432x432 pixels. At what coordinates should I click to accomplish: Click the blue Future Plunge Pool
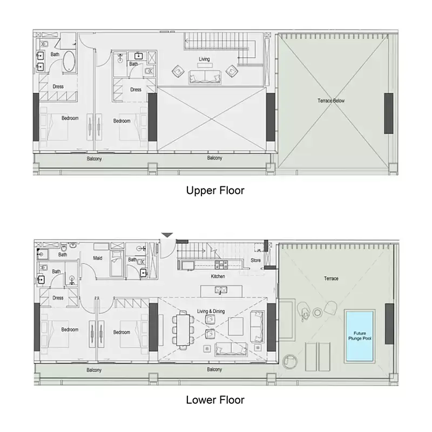click(360, 336)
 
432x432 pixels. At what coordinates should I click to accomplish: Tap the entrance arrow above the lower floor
click(167, 235)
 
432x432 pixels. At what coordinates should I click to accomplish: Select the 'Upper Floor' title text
click(215, 191)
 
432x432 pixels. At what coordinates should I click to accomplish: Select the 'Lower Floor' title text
click(215, 400)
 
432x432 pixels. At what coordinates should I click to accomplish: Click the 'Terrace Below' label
click(331, 100)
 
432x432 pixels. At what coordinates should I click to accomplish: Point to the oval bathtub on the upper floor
click(69, 61)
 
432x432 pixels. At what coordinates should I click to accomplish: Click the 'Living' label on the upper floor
click(204, 59)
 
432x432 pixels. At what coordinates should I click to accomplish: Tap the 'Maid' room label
click(98, 258)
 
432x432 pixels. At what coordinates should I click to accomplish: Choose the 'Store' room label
click(255, 260)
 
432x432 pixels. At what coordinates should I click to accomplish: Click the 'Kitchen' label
click(218, 276)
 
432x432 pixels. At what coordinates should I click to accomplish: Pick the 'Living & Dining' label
click(211, 311)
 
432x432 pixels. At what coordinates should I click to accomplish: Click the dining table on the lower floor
click(183, 330)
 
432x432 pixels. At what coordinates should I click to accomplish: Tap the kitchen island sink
click(221, 290)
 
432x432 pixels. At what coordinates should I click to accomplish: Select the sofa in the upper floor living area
click(205, 77)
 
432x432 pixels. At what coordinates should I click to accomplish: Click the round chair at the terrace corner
click(290, 361)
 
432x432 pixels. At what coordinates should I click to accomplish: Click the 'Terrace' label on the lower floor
click(331, 279)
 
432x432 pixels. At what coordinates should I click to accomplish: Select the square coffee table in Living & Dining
click(235, 326)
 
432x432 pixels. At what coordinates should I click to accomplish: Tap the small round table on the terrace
click(318, 313)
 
